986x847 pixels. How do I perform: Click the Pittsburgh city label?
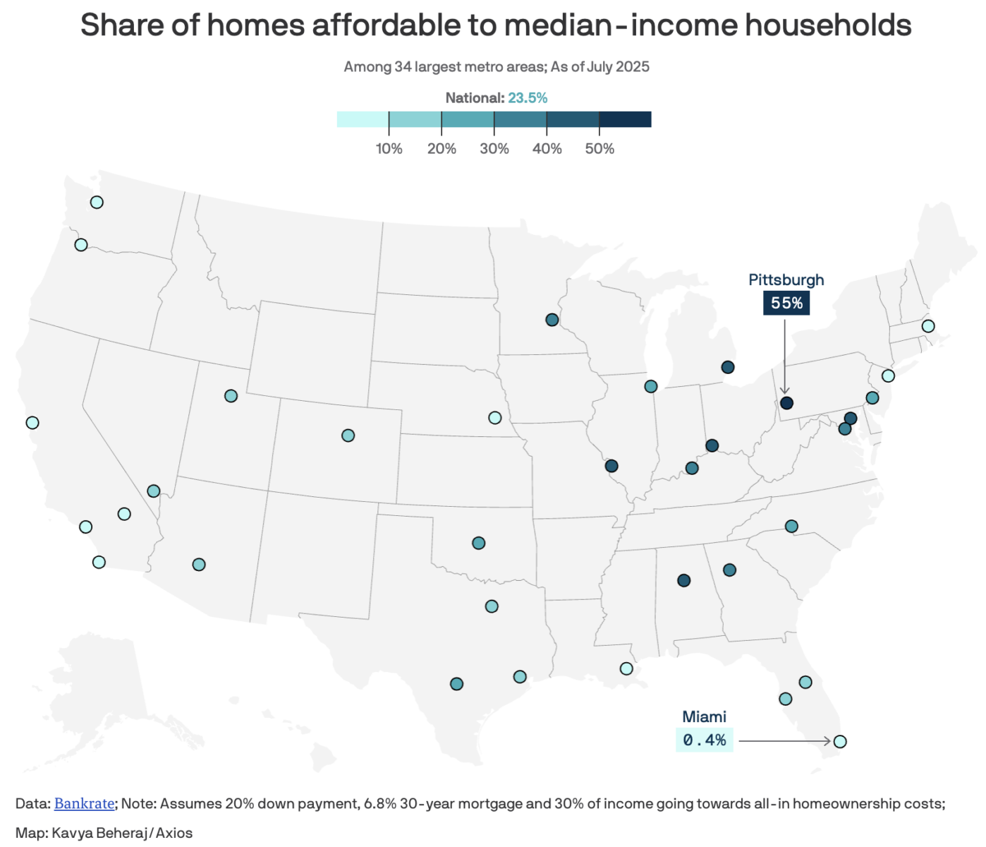click(786, 280)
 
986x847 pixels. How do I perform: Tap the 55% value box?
click(786, 304)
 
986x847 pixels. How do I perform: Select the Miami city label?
click(704, 717)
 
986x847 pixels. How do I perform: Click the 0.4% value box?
click(704, 740)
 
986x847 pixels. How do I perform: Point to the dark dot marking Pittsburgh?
click(786, 403)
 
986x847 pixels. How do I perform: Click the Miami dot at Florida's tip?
click(839, 741)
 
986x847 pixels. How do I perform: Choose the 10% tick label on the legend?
click(389, 149)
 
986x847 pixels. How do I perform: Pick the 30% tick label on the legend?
click(494, 149)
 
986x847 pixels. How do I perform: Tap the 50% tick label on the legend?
click(599, 149)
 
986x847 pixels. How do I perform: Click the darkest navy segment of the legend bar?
click(625, 119)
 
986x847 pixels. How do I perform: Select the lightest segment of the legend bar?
click(363, 119)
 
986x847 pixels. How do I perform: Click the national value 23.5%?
click(528, 98)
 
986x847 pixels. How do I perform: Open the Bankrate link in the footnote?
click(84, 803)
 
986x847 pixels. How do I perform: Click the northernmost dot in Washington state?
click(97, 203)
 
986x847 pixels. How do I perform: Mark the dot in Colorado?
click(348, 435)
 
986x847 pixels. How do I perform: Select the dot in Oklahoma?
click(478, 543)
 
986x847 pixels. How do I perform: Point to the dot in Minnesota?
click(552, 320)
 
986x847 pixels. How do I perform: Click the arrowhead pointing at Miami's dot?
click(827, 741)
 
